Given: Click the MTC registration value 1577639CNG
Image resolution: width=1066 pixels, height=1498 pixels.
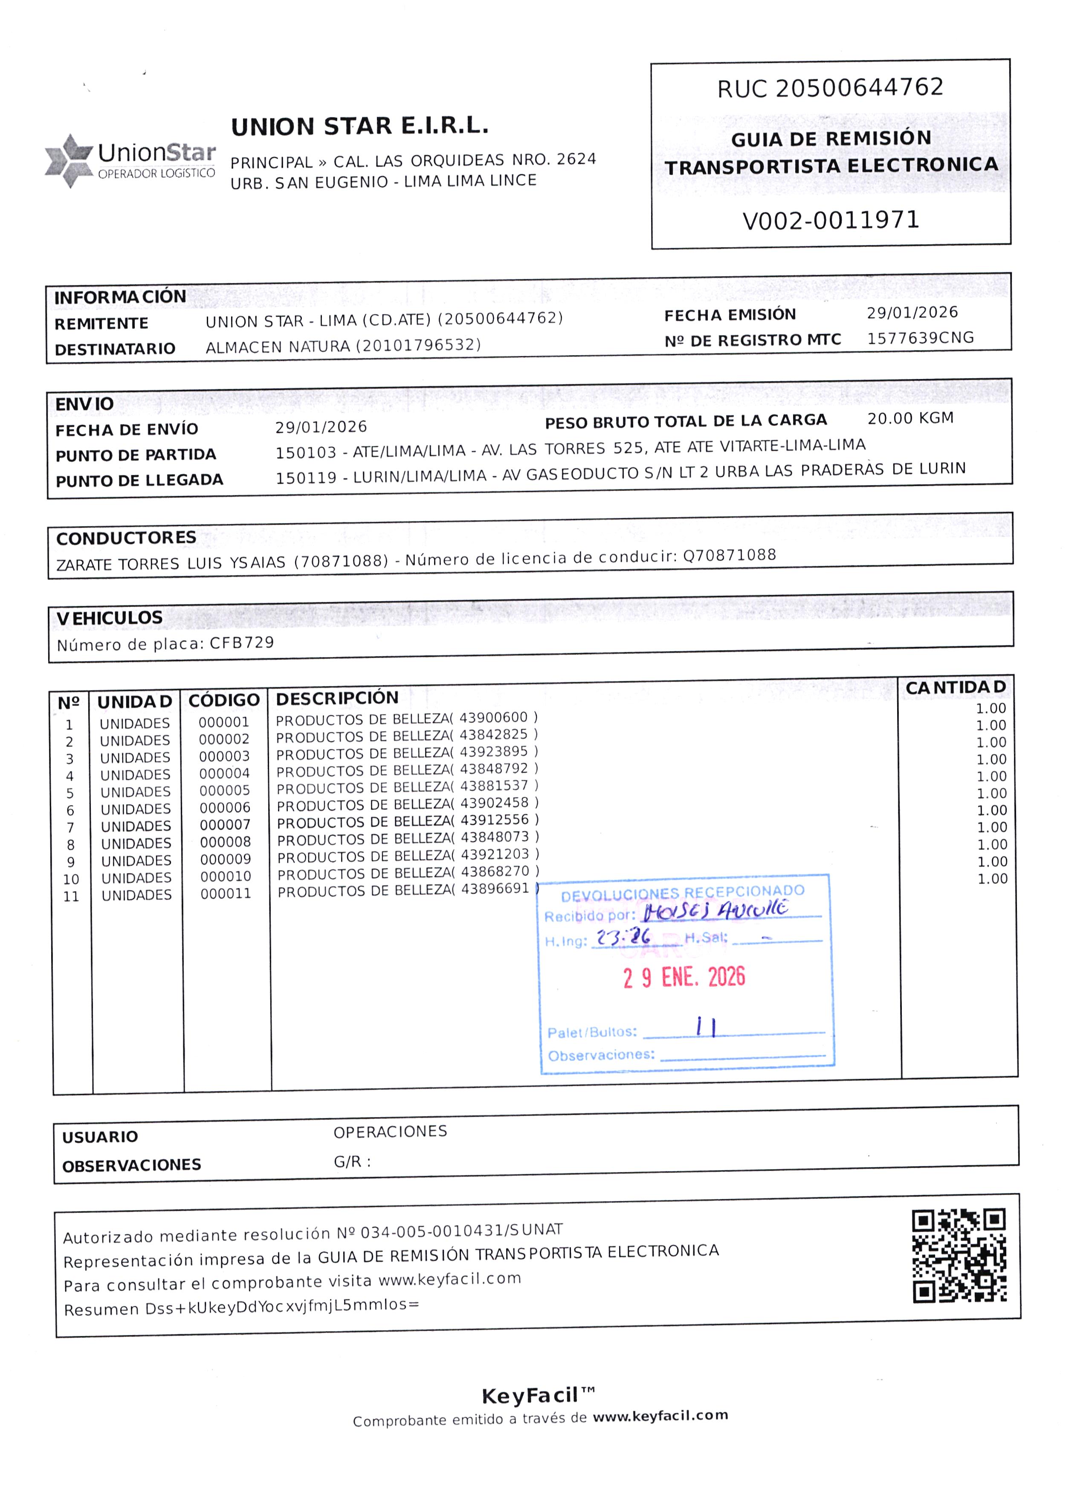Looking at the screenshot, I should (x=920, y=338).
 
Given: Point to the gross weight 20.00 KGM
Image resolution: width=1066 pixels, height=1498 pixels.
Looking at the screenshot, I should (x=910, y=418).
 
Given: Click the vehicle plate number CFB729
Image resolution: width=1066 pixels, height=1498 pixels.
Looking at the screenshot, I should (x=242, y=643).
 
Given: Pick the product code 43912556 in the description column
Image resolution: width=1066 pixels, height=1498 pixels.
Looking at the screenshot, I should (x=494, y=820).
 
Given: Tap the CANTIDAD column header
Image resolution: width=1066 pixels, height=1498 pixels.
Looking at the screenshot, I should (x=955, y=687).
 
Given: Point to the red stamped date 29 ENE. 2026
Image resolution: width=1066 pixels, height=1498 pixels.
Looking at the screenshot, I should (x=684, y=977).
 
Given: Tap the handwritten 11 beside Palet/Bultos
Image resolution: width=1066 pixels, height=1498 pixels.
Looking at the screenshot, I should (x=706, y=1027).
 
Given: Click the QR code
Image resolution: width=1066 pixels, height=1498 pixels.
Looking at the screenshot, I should (x=959, y=1256).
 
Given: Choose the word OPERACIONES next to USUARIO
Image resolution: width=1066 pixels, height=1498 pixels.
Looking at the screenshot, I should (x=390, y=1132).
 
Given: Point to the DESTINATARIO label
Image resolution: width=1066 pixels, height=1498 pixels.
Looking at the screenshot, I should (x=115, y=349).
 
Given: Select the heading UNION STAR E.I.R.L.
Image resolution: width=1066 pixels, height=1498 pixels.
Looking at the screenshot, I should (x=360, y=126).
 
